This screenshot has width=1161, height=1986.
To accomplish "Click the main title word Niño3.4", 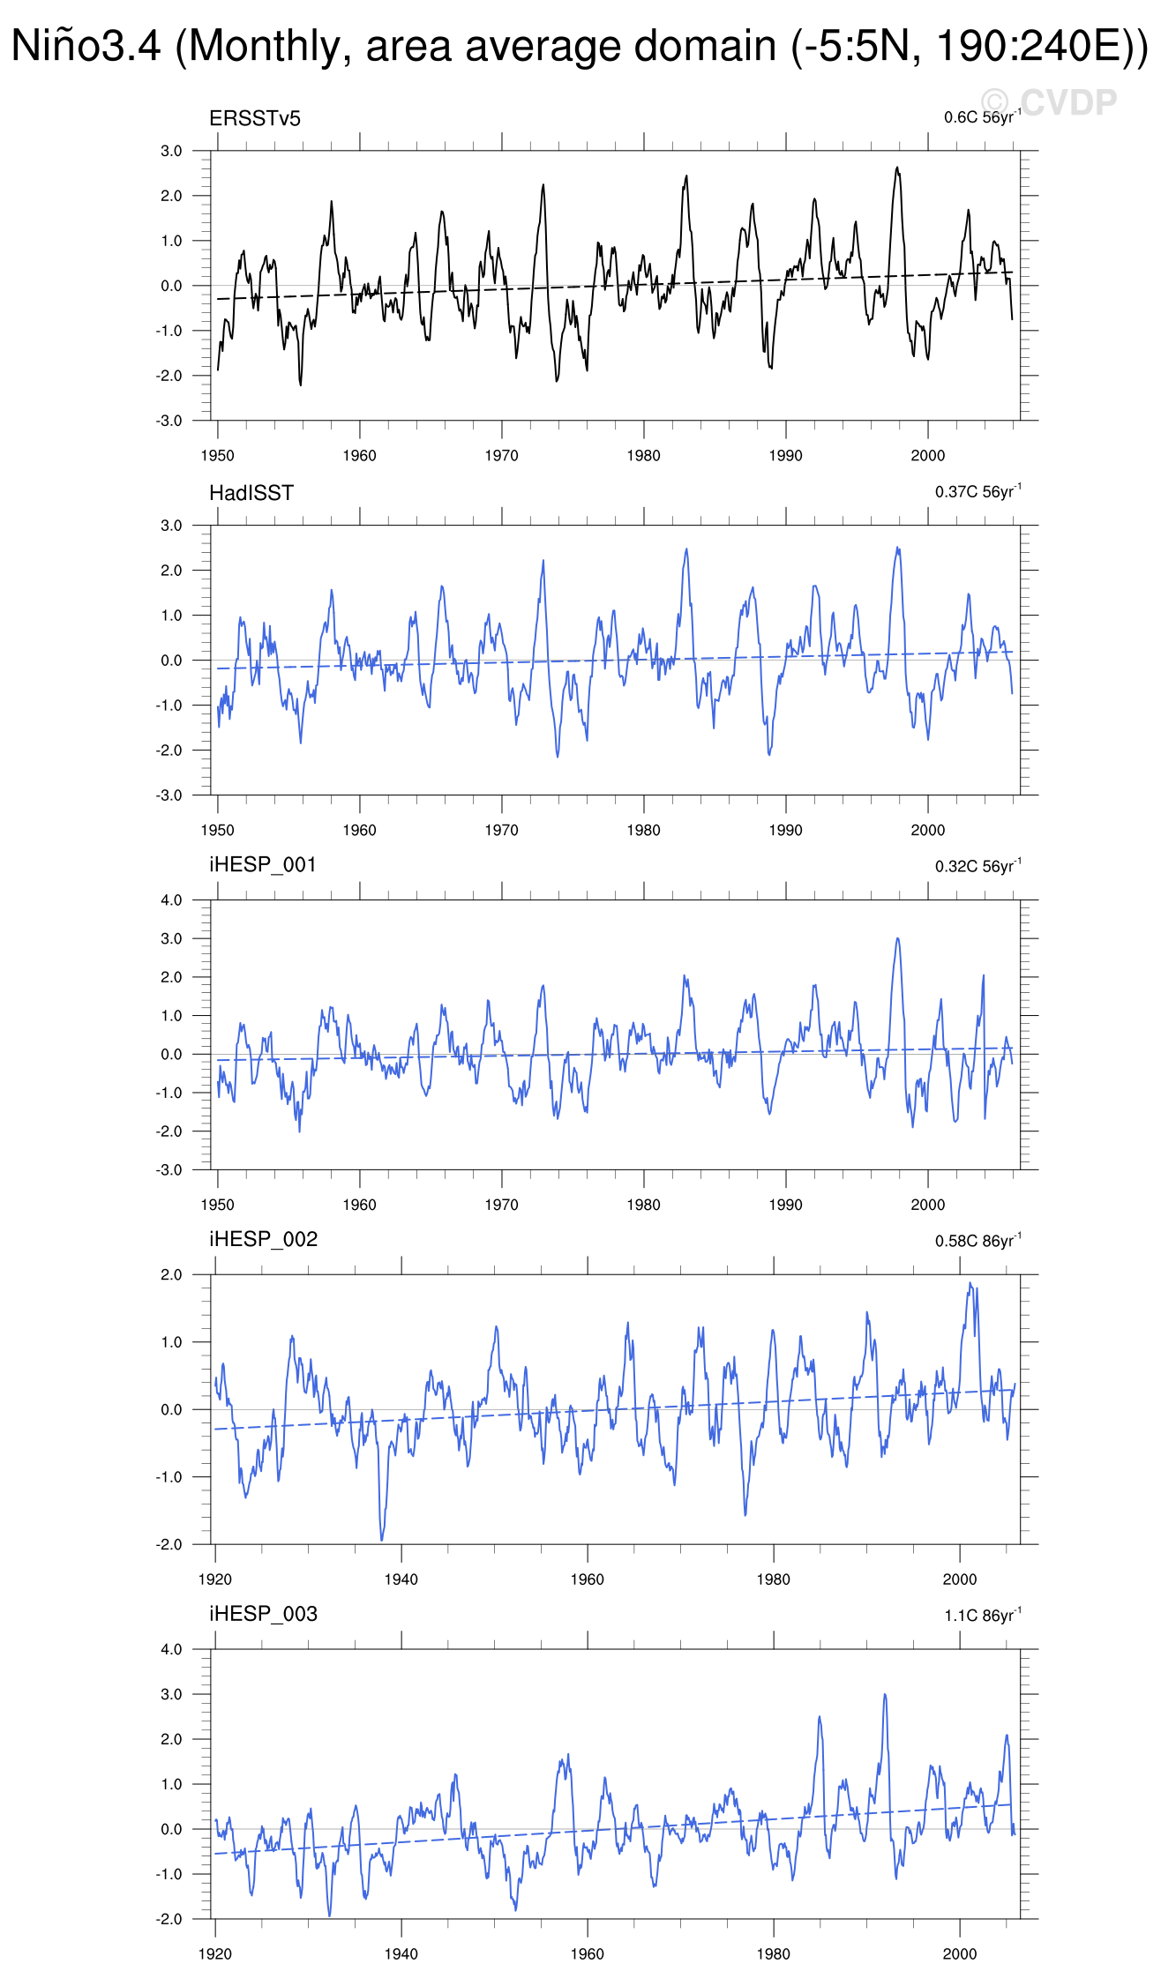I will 86,46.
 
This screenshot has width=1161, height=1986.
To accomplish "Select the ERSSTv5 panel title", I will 254,119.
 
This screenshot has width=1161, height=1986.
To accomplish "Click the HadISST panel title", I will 251,493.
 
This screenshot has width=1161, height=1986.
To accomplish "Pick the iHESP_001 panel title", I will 262,865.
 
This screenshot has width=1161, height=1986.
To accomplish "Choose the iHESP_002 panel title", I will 263,1239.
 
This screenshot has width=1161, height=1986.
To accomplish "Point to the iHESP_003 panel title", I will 263,1614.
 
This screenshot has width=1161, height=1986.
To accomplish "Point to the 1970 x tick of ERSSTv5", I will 501,456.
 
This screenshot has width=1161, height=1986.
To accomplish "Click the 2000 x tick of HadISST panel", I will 927,831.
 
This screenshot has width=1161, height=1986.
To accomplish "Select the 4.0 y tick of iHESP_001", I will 171,900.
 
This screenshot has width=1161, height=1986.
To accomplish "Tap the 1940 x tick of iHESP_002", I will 401,1579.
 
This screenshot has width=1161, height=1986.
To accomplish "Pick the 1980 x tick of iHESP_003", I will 773,1953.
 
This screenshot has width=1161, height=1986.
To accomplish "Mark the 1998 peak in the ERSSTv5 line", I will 897,168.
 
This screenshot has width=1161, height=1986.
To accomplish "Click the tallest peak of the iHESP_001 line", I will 897,938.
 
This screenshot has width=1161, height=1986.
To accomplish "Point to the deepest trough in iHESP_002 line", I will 382,1540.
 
